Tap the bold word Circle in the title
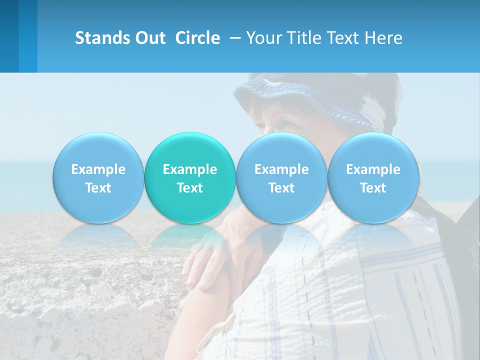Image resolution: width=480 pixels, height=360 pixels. pos(197,38)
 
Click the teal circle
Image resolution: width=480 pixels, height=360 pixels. pos(190,177)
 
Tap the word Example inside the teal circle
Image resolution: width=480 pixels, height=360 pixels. pos(190,169)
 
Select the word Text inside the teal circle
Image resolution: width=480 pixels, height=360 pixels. pos(190,188)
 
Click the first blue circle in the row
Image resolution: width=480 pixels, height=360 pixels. pos(98,177)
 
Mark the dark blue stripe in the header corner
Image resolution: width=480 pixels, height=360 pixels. pos(9,36)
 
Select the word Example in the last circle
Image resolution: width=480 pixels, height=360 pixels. pos(373,169)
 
